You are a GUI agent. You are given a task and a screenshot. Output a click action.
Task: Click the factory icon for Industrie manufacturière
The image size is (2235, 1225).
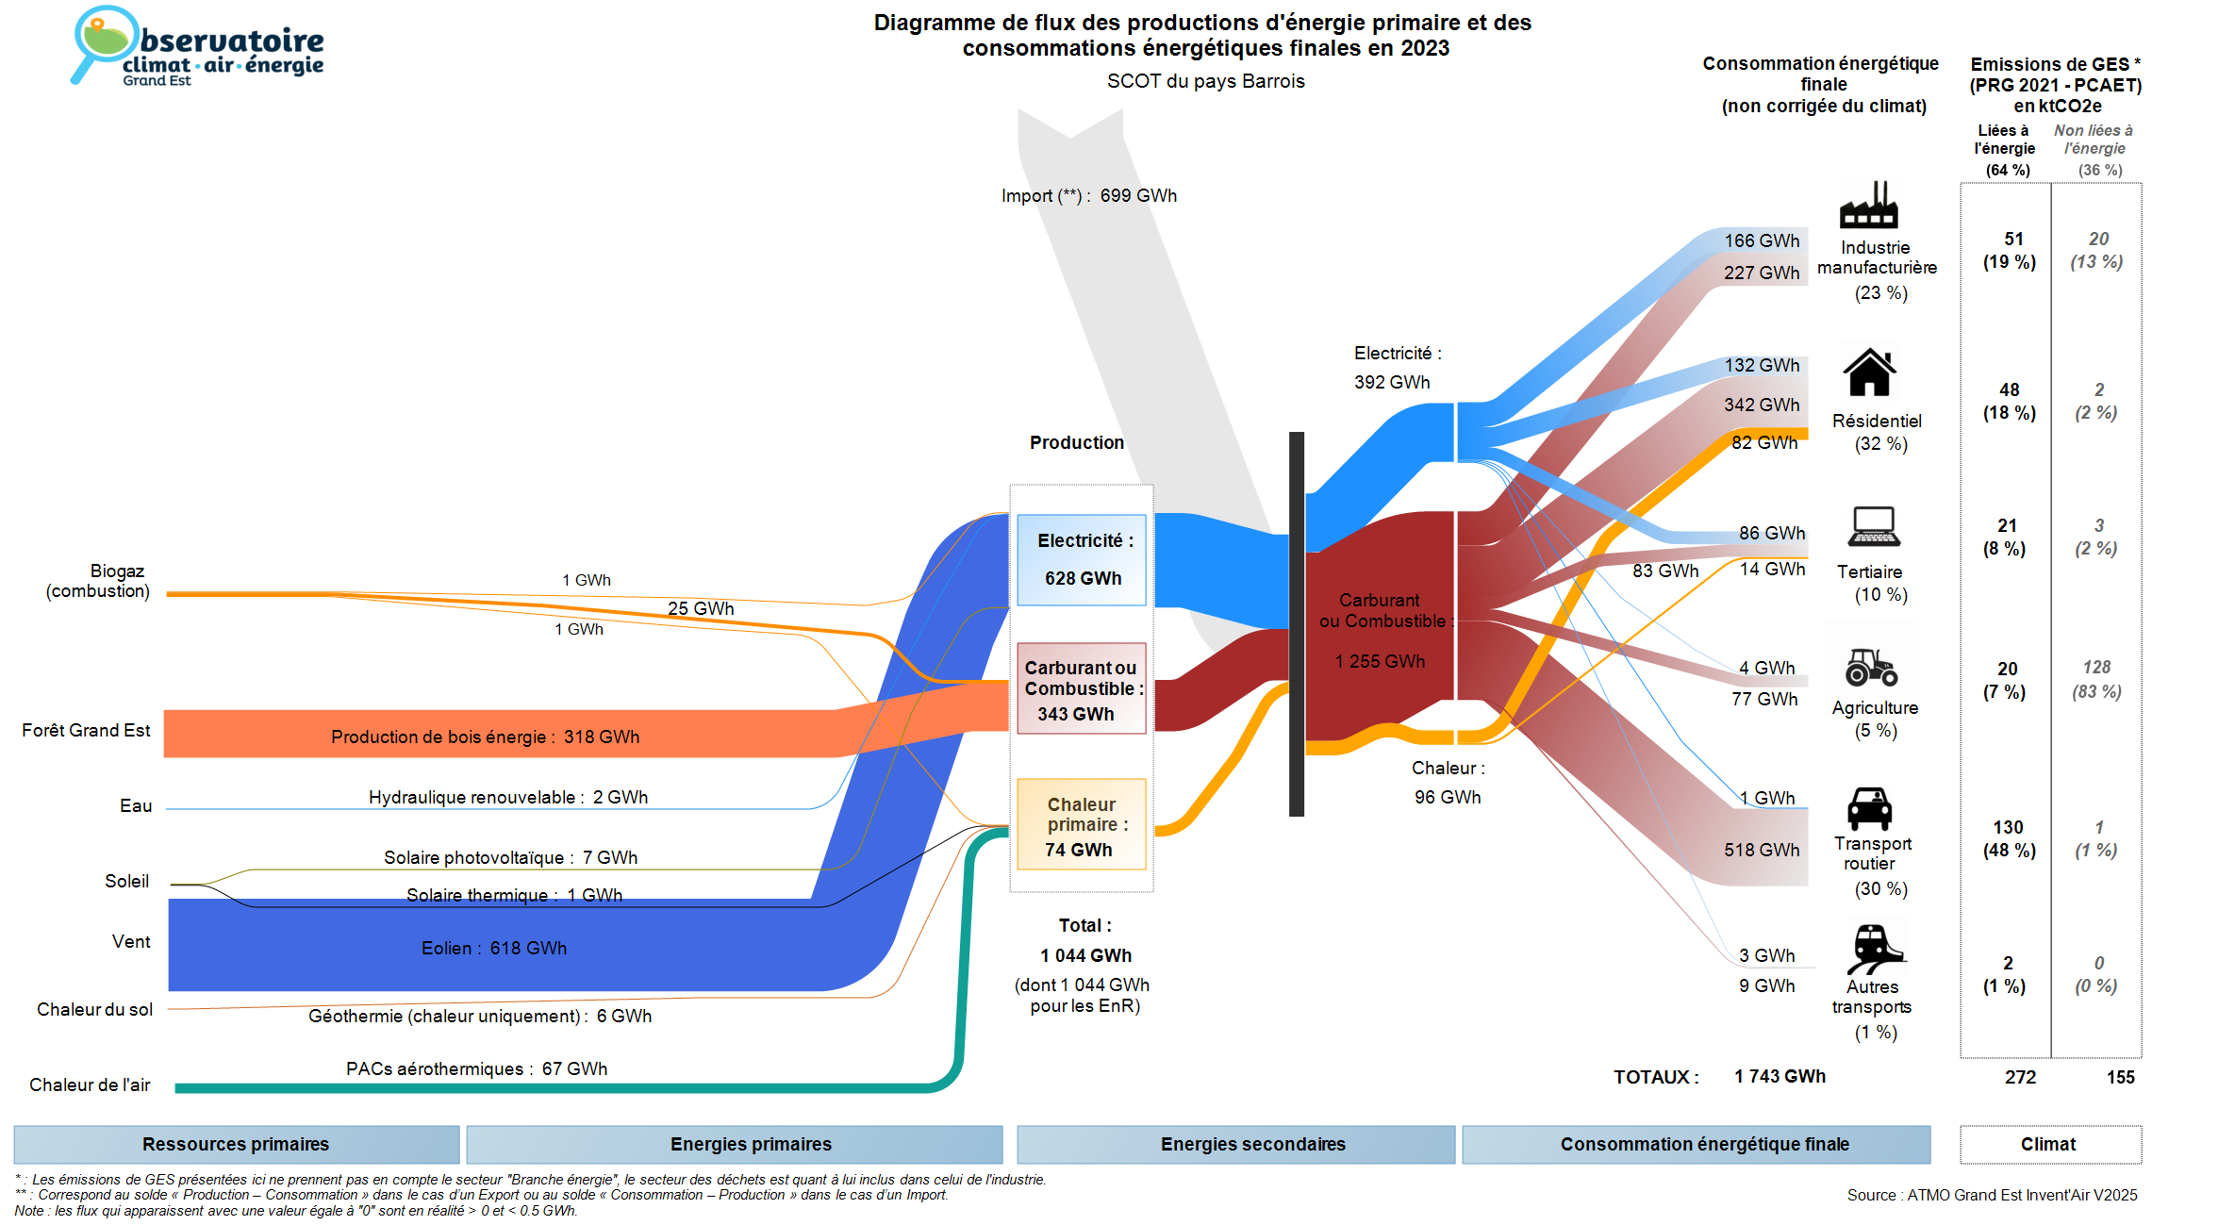[1868, 205]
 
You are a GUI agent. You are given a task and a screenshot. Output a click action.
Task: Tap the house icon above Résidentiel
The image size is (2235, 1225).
[1869, 372]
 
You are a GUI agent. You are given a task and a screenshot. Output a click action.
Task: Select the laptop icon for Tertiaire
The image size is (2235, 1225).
[1873, 526]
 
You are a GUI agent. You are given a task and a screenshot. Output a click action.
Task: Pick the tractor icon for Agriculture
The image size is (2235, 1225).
[1871, 667]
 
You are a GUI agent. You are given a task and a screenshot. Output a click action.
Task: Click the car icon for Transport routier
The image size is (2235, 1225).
[1869, 808]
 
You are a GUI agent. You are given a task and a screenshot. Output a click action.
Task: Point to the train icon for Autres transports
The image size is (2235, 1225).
[1873, 949]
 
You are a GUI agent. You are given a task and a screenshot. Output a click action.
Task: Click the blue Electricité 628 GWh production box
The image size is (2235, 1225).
[1082, 559]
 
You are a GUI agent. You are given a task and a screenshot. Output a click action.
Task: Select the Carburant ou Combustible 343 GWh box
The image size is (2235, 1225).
[1081, 688]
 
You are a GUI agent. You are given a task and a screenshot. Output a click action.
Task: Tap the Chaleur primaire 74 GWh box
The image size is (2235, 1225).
[1081, 824]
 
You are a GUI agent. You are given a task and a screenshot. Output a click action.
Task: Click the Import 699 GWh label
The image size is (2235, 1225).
[1088, 196]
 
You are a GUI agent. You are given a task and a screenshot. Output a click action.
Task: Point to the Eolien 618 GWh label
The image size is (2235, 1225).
[493, 948]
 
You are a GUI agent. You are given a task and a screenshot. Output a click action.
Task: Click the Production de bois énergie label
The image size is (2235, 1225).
[485, 737]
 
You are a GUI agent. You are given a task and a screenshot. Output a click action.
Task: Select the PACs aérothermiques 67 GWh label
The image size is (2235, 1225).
[476, 1068]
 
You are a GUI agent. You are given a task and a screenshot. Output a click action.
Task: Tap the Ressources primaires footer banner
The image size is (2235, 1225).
[236, 1144]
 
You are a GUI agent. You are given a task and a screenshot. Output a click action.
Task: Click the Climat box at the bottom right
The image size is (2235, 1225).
[2048, 1144]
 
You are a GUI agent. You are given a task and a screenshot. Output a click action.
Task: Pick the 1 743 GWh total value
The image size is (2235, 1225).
[1779, 1076]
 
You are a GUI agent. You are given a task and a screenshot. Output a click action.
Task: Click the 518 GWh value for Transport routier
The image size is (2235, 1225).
[1761, 850]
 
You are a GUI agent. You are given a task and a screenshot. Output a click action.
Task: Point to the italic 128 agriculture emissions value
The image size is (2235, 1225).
[2096, 668]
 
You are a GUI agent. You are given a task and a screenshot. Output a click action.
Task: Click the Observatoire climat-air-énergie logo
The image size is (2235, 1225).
[198, 47]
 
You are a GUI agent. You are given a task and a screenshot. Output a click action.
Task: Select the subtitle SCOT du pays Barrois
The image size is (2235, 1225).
[1205, 81]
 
